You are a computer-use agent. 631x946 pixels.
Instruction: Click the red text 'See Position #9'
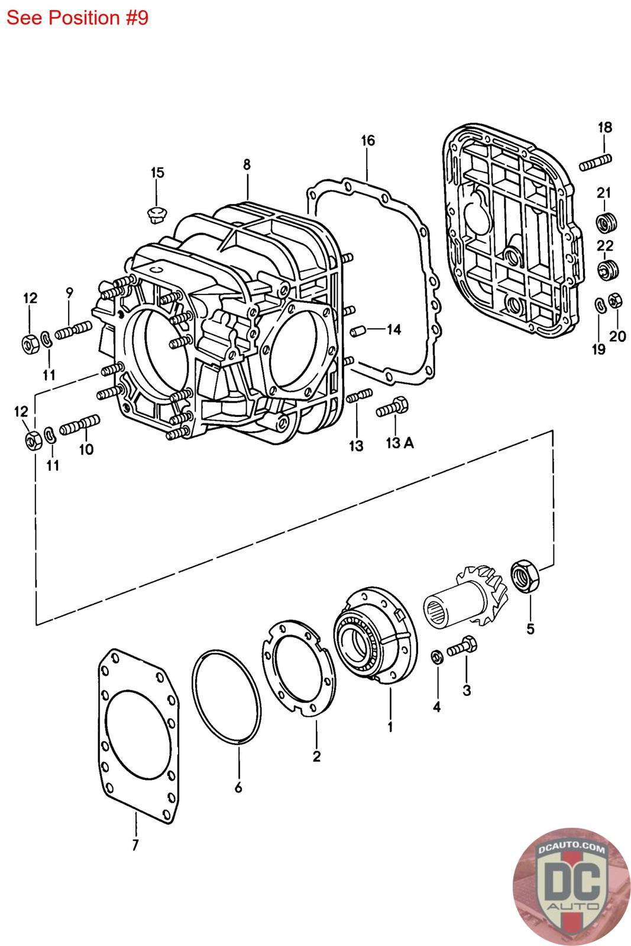tap(77, 18)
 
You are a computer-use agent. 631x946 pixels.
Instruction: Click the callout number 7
tap(135, 845)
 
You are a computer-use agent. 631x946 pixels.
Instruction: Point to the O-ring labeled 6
tap(226, 696)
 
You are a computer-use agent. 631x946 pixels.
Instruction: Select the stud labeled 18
tap(596, 161)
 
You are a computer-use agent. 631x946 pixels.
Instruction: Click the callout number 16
tap(367, 141)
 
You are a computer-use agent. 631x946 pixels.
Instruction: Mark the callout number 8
tap(247, 165)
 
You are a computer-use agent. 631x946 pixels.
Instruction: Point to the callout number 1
tap(390, 726)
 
